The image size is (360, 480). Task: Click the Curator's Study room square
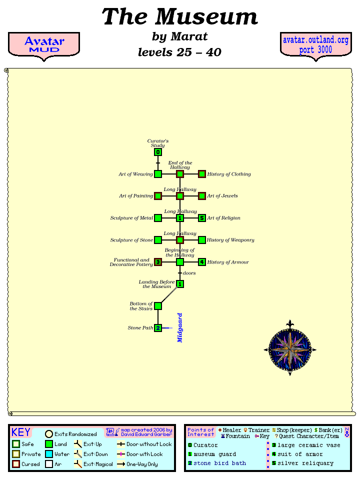(x=158, y=152)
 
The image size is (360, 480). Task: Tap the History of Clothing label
(x=229, y=174)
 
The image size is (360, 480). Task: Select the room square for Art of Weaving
(x=158, y=174)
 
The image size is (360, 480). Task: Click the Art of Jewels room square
(x=202, y=196)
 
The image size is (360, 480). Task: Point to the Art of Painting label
(x=136, y=196)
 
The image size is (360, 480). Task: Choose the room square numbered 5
(x=202, y=218)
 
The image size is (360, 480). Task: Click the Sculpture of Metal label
(x=132, y=218)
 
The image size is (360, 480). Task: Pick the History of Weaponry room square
(x=202, y=240)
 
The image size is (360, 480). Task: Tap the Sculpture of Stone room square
(x=158, y=240)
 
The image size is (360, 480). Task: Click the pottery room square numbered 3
(x=158, y=262)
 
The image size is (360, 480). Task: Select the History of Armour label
(x=228, y=262)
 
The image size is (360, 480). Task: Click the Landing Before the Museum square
(x=180, y=284)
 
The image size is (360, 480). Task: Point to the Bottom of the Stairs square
(x=158, y=306)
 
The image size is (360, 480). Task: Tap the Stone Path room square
(x=158, y=328)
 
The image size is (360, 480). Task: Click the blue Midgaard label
(x=180, y=327)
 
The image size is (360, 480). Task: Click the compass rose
(x=290, y=349)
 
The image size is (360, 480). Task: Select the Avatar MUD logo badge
(x=44, y=45)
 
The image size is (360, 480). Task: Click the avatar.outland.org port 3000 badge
(x=315, y=45)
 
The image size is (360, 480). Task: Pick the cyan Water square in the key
(x=49, y=454)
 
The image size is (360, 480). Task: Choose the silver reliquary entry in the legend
(x=305, y=463)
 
